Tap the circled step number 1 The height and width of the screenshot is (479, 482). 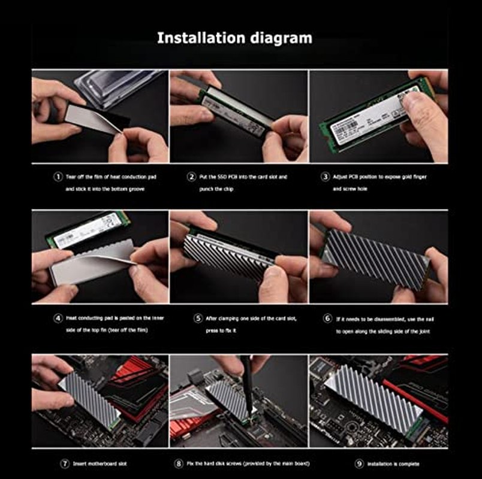tap(58, 177)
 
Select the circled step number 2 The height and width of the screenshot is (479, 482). tap(191, 177)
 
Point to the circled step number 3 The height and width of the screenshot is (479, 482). tap(326, 177)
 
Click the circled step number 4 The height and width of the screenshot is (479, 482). tap(58, 318)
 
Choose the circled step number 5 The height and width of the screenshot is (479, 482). tap(198, 318)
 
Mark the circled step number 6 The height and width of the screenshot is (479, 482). tap(327, 318)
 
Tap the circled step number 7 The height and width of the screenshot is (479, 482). tap(64, 463)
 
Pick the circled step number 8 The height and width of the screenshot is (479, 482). tap(178, 463)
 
